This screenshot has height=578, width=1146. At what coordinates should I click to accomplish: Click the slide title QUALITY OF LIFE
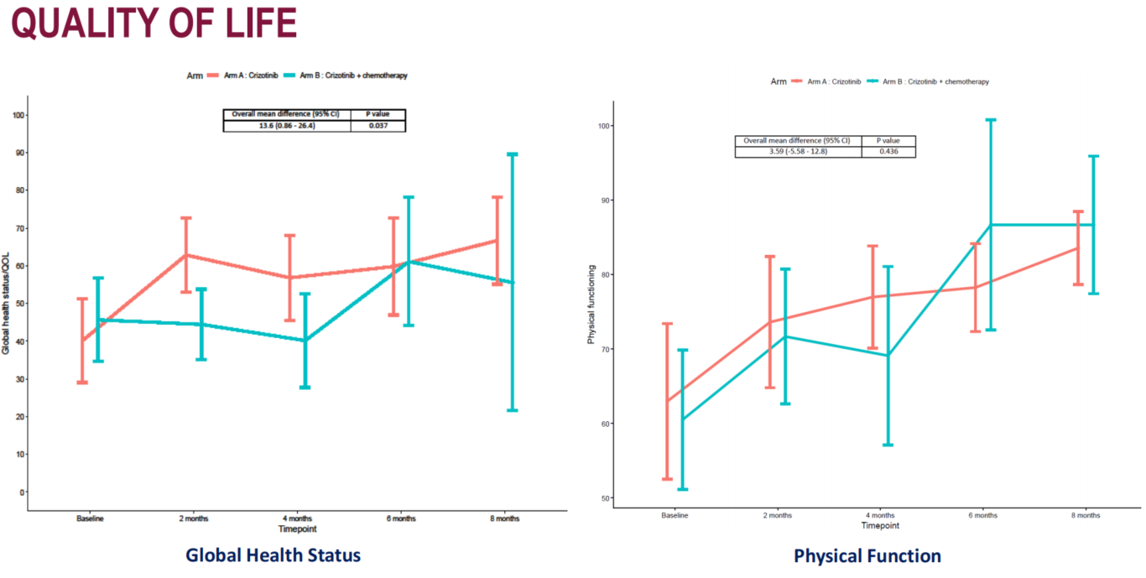click(154, 23)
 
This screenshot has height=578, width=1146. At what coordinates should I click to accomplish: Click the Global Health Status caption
click(273, 555)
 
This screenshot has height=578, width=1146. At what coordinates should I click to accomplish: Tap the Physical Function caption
click(867, 556)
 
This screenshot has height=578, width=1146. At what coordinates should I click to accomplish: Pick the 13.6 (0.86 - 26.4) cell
click(286, 126)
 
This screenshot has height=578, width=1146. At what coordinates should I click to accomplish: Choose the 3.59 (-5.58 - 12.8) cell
click(797, 152)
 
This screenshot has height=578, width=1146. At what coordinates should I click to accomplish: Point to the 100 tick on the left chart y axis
click(17, 115)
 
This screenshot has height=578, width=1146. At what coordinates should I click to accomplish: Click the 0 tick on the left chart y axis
click(20, 492)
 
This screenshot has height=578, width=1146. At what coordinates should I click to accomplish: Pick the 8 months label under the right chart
click(1086, 515)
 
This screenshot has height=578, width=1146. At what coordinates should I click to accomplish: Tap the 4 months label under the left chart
click(297, 518)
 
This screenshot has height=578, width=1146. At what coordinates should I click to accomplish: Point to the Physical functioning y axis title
click(592, 305)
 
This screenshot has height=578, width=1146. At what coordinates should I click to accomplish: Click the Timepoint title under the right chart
click(879, 526)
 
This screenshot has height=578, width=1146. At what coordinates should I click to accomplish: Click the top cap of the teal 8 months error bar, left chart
click(512, 154)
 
